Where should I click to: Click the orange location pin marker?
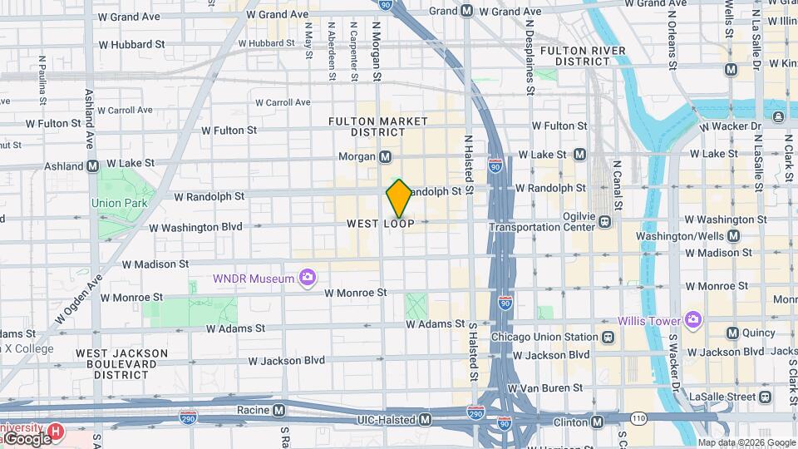399,199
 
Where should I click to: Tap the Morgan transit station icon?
386,157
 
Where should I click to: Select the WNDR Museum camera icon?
308,277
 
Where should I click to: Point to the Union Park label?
118,202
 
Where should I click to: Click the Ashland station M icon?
94,165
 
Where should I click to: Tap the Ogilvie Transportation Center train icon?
605,221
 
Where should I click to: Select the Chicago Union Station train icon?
608,337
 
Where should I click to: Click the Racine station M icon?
278,410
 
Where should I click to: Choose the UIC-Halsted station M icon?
426,420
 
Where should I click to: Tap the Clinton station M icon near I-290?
598,421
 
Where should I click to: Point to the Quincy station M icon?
732,333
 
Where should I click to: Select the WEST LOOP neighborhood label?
381,224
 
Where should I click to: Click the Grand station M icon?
466,11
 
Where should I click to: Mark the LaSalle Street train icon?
764,397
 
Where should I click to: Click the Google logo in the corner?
28,438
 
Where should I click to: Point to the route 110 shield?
638,417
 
